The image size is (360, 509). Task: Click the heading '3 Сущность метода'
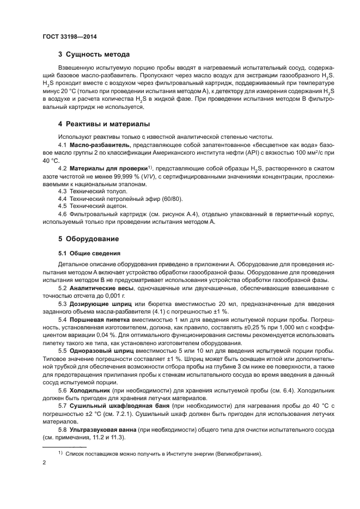(x=94, y=54)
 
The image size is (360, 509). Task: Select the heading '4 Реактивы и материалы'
(x=104, y=124)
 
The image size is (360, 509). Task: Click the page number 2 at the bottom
(x=43, y=463)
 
